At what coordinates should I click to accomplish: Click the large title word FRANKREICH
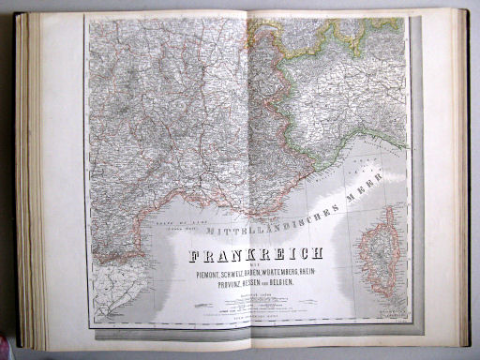[256, 254]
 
